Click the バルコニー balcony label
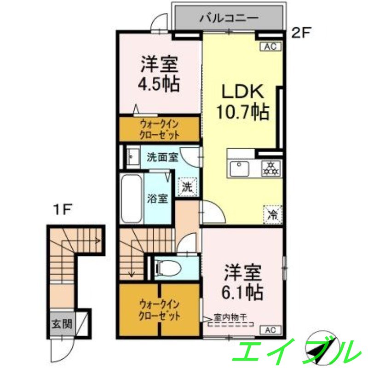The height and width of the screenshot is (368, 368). pos(229,19)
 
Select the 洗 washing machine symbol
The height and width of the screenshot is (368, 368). pos(187,187)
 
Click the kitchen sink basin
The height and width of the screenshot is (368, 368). pos(239,168)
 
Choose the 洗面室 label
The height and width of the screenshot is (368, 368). pos(162,157)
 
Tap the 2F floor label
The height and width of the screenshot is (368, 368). pos(302,33)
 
